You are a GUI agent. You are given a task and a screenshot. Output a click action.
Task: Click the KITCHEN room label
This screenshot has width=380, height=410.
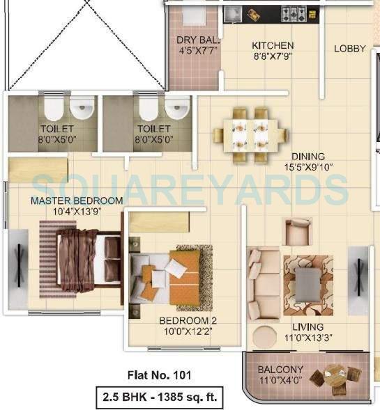(x=268, y=46)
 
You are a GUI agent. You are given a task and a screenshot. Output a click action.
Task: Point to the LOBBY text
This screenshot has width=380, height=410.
(x=349, y=48)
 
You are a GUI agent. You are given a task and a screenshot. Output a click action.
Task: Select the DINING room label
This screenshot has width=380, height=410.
(x=307, y=157)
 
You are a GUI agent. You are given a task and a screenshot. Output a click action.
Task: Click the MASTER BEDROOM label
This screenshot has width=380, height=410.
(x=66, y=200)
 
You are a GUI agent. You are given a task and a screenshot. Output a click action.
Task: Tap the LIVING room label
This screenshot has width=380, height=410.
(x=307, y=326)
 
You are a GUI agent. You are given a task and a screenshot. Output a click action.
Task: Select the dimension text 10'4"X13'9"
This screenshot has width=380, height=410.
(x=66, y=211)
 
